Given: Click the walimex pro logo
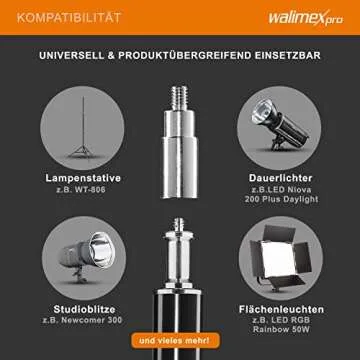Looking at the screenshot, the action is (306, 18).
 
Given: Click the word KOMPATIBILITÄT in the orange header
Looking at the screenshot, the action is (69, 18).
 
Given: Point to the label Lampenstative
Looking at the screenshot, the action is (83, 178).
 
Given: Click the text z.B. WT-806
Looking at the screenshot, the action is (81, 190).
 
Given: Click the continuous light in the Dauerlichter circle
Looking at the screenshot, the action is (280, 124).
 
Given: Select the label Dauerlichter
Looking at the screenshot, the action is (280, 178).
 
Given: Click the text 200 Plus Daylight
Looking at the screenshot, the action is (281, 199).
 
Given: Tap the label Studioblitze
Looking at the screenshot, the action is (84, 309).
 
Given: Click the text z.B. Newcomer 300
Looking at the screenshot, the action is (82, 321).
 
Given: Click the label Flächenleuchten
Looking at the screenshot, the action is (281, 309).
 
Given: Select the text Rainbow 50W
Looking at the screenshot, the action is (281, 329).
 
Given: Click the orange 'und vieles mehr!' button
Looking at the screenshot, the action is (175, 340).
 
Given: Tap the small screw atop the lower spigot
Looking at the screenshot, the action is (179, 225).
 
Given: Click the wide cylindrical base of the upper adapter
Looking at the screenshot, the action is (180, 167).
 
